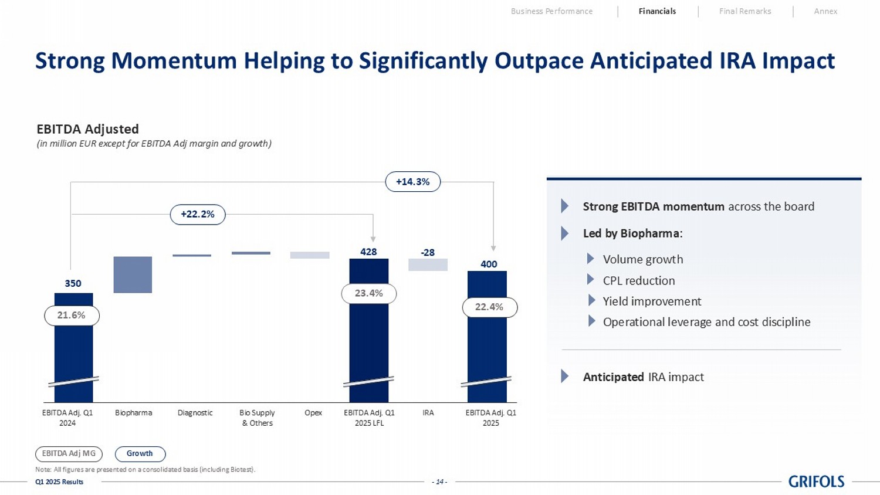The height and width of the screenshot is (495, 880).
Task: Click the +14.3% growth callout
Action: click(x=412, y=182)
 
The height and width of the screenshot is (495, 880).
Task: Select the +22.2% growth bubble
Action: click(x=198, y=215)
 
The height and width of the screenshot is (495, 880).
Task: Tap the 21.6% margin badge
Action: click(x=72, y=316)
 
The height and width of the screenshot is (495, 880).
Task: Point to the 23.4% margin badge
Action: click(x=368, y=293)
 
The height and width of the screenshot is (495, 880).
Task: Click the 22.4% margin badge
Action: click(x=489, y=307)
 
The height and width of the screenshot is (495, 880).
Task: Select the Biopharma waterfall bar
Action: click(x=133, y=274)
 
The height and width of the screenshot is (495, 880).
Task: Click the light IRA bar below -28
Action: click(x=428, y=265)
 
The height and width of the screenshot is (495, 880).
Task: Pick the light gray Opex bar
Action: click(x=310, y=255)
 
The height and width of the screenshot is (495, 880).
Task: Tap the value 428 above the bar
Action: click(x=368, y=252)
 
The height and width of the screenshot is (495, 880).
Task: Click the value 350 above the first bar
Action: click(x=73, y=283)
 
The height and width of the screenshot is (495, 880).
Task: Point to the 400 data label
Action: click(x=489, y=264)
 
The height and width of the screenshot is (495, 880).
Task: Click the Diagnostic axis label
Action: click(x=195, y=413)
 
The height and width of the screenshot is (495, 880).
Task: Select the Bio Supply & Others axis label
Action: click(x=257, y=418)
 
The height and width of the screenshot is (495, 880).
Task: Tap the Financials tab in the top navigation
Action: click(x=657, y=11)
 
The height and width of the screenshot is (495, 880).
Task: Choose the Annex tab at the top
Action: click(x=825, y=11)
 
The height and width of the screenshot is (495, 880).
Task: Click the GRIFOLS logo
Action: click(x=816, y=482)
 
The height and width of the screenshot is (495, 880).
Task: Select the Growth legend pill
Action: click(x=140, y=454)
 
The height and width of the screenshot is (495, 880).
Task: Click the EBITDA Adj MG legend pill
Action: click(x=69, y=454)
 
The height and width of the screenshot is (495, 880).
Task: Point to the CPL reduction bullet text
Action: click(x=638, y=280)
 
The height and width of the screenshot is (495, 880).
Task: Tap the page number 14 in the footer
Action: click(x=439, y=482)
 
